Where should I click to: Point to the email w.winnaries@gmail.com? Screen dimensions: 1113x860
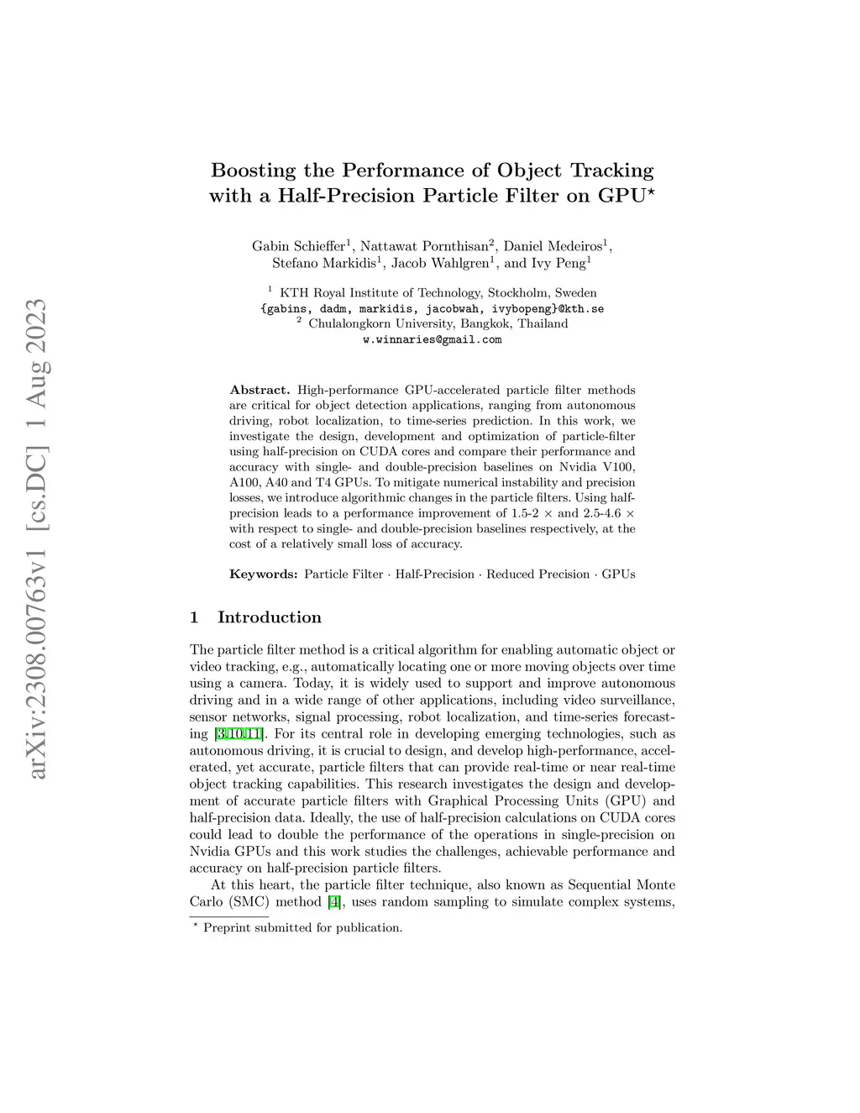(x=432, y=339)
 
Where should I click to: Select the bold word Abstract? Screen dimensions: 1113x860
(x=259, y=390)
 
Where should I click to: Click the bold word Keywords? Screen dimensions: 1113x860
(x=263, y=575)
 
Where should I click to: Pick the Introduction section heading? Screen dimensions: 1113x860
(x=269, y=617)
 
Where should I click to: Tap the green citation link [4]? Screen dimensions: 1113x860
(x=334, y=902)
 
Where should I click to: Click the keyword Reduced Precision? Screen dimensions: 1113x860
(x=537, y=575)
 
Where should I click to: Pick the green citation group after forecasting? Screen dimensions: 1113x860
(x=239, y=734)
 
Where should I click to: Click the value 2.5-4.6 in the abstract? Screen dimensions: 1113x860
(x=602, y=513)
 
